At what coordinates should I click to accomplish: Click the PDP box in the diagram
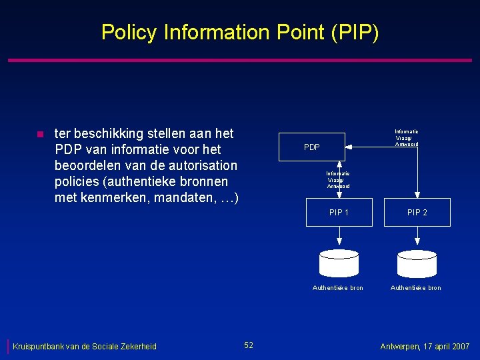coord(312,147)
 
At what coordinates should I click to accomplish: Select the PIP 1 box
coord(339,213)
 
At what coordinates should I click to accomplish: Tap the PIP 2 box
coord(417,213)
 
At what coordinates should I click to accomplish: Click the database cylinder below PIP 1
coord(339,263)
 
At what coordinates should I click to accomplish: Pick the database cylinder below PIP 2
coord(417,263)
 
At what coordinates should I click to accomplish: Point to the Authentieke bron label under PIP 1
coord(338,288)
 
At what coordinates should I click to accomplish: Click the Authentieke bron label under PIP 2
coord(415,288)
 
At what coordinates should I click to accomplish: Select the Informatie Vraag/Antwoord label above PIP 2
coord(406,138)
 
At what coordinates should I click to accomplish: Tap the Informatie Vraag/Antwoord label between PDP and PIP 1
coord(339,180)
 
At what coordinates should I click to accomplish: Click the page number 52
coord(249,345)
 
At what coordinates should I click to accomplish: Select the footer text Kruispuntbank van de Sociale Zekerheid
coord(85,346)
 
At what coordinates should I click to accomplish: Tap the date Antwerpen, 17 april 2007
coord(425,347)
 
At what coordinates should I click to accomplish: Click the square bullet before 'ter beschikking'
coord(39,135)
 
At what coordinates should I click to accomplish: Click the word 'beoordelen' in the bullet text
coord(89,165)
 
